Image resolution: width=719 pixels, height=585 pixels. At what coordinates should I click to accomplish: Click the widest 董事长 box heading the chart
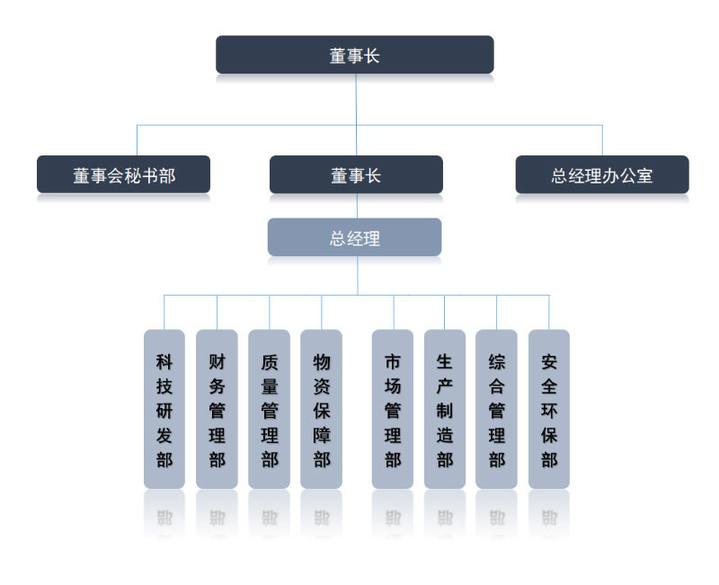354,55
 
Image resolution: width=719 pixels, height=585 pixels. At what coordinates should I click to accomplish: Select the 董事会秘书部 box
123,175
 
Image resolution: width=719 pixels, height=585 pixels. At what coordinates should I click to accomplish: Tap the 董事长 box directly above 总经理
356,175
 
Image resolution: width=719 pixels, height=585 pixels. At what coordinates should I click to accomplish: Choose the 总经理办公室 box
602,175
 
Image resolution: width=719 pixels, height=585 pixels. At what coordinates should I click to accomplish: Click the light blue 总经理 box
354,238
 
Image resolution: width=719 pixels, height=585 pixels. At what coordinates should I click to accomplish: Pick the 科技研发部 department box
164,410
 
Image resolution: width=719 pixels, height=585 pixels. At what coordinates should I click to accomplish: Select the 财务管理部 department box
217,410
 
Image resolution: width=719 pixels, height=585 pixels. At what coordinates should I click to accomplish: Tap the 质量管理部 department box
269,410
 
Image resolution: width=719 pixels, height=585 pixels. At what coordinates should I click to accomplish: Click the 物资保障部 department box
321,410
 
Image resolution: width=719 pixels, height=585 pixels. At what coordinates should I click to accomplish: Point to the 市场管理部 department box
393,410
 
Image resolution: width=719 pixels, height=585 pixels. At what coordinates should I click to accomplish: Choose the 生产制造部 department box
445,410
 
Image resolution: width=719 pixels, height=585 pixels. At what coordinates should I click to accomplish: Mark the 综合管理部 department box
496,410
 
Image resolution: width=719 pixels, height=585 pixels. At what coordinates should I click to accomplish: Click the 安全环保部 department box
549,410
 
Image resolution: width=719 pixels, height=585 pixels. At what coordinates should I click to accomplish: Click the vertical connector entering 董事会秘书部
138,141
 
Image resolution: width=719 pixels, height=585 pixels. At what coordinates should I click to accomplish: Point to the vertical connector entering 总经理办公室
602,141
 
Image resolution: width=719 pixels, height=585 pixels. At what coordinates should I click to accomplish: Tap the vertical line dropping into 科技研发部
164,312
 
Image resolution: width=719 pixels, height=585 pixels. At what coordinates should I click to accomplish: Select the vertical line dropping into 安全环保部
549,312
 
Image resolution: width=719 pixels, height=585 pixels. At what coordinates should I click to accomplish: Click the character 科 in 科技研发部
164,363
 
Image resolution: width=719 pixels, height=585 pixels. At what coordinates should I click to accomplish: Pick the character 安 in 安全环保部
549,363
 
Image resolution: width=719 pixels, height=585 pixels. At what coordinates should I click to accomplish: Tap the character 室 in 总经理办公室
644,176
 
